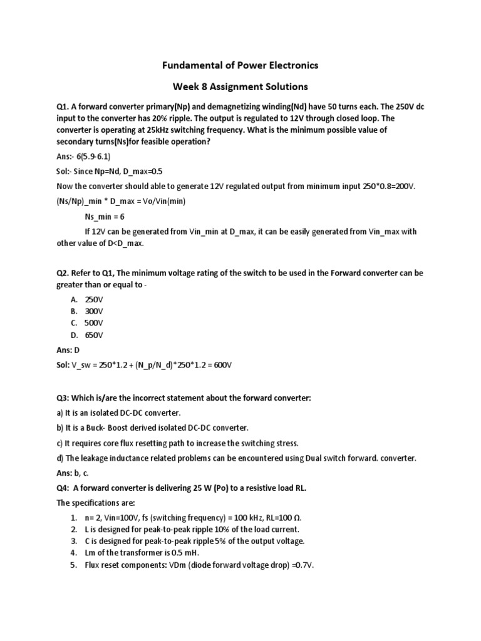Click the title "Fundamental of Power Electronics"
click(240, 65)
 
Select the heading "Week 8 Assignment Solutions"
click(240, 86)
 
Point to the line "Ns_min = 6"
click(105, 217)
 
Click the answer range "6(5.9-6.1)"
click(102, 156)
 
